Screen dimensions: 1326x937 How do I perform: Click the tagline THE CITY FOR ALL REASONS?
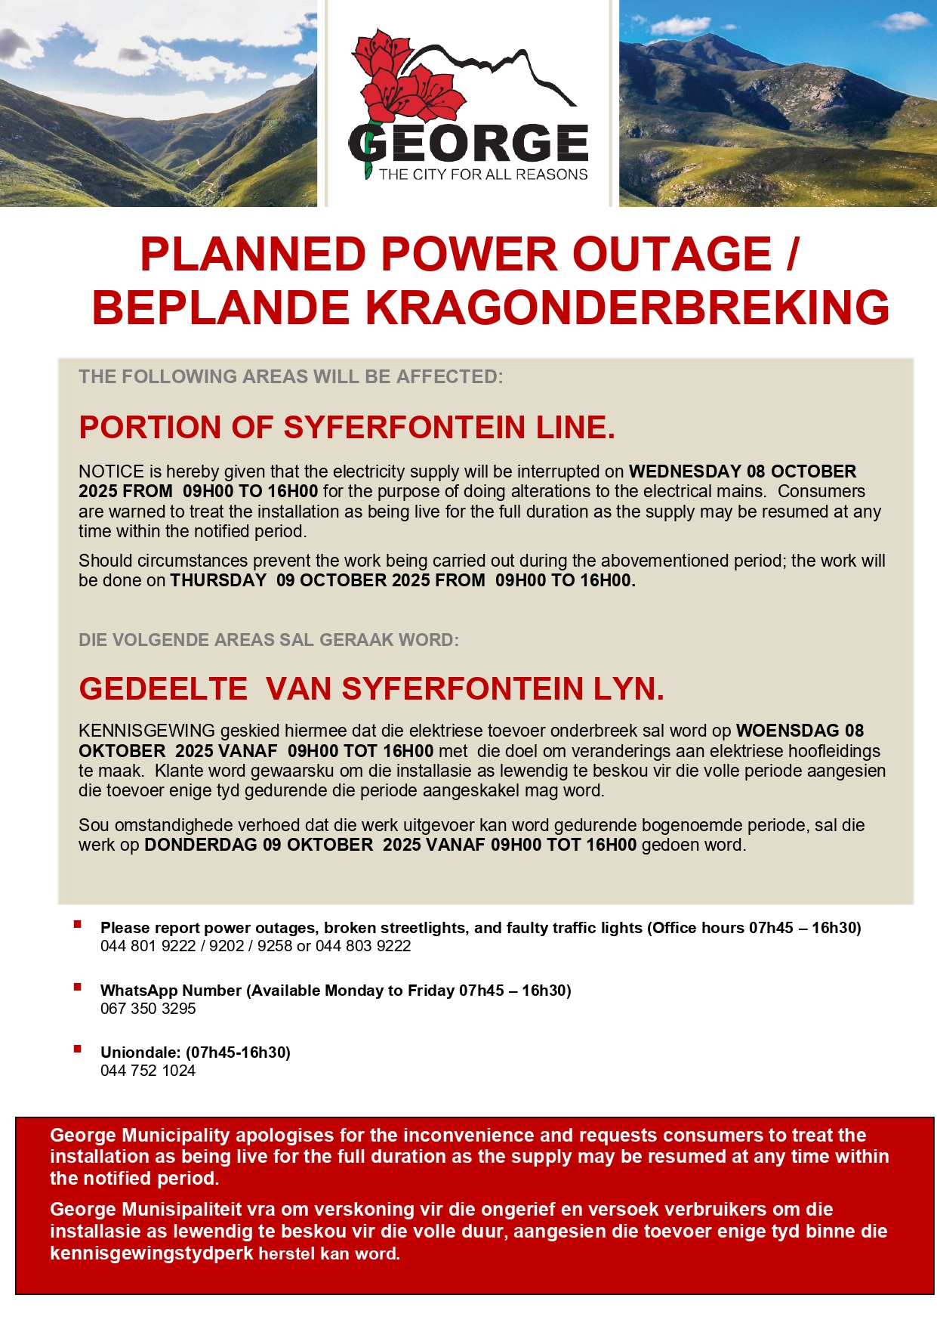coord(483,175)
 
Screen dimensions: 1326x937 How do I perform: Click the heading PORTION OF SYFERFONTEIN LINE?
coord(347,428)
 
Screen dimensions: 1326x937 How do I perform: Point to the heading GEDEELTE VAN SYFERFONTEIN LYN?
coord(371,689)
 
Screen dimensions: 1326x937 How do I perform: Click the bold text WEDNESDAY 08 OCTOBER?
coord(742,471)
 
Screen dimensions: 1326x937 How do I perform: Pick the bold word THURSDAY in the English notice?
coord(218,580)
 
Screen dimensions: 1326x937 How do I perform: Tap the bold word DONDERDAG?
coord(201,845)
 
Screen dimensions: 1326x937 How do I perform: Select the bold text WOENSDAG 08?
coord(800,731)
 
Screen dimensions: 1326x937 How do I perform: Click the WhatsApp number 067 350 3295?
coord(148,1009)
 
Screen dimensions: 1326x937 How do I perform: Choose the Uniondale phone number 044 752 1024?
coord(148,1071)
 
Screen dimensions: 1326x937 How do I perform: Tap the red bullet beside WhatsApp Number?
coord(78,987)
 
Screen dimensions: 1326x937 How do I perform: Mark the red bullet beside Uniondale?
coord(78,1049)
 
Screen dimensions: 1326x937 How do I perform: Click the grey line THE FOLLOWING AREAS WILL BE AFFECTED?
coord(291,376)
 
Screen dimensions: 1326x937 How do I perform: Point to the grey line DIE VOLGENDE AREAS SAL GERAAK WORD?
coord(269,640)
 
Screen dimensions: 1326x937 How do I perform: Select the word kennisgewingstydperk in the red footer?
coord(151,1253)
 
